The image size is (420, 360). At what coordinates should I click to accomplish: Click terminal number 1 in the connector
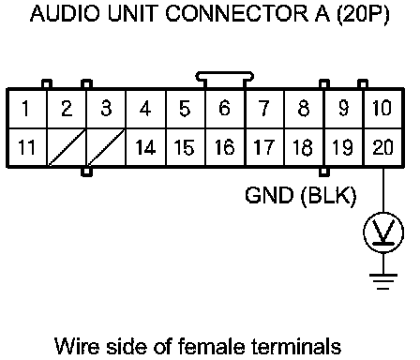(27, 109)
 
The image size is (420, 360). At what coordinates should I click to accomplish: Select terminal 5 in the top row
(186, 109)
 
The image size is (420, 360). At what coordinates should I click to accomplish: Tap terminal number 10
(382, 109)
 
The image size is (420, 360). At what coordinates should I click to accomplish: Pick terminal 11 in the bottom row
(27, 147)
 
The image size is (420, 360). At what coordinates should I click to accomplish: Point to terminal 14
(146, 147)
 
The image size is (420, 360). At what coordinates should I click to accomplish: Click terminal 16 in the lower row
(225, 147)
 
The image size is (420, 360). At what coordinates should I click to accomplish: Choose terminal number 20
(382, 147)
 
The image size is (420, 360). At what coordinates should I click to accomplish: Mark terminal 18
(304, 147)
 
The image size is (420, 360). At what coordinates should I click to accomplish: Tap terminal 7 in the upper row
(264, 109)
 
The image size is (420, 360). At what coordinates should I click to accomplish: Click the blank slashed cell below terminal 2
(67, 147)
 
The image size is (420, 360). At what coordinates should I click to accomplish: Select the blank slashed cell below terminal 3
(106, 147)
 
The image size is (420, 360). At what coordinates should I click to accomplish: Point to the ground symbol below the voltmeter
(383, 281)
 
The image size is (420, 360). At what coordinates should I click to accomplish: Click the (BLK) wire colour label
(328, 196)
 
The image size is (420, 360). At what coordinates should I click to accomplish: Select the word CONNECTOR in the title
(237, 14)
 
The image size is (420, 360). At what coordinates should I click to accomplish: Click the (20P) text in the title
(363, 14)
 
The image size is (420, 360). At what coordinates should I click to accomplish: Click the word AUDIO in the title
(66, 14)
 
